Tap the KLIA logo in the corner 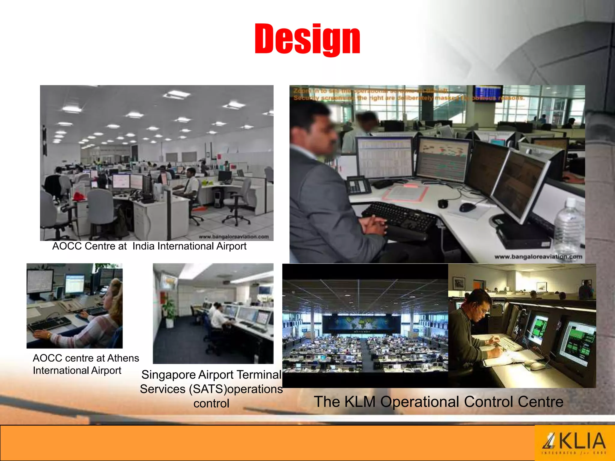pyautogui.click(x=574, y=443)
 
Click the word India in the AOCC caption pyautogui.click(x=144, y=246)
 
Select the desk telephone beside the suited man pyautogui.click(x=359, y=184)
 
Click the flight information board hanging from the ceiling pyautogui.click(x=487, y=93)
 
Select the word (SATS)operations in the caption pyautogui.click(x=236, y=389)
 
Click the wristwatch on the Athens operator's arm pyautogui.click(x=49, y=335)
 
